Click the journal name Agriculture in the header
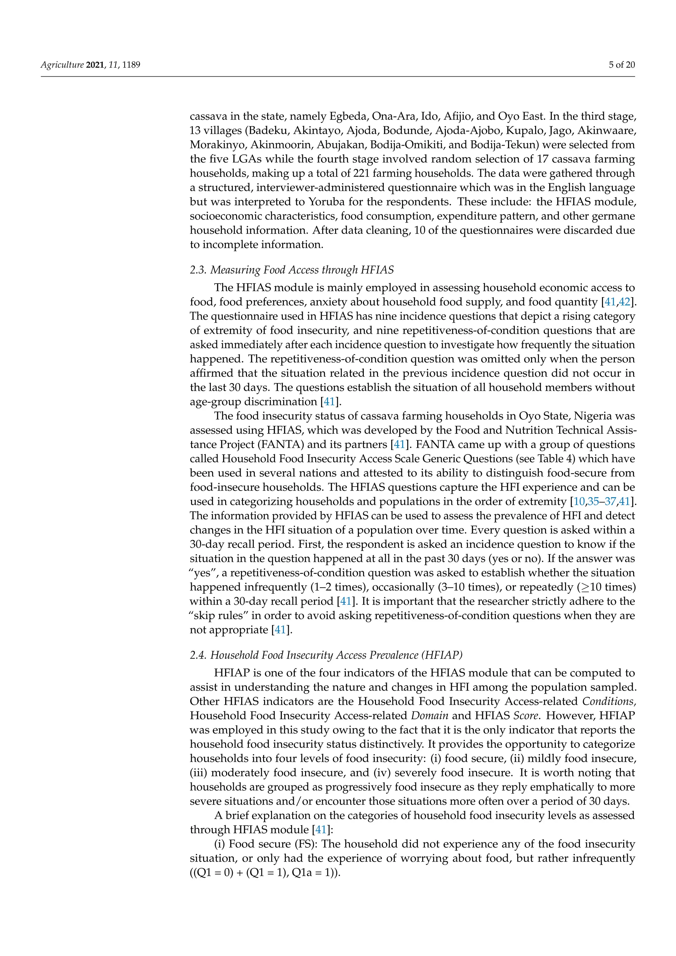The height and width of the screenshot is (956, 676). click(x=62, y=65)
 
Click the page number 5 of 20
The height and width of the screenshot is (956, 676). click(x=622, y=65)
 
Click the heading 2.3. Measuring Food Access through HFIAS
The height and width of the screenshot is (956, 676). click(x=291, y=270)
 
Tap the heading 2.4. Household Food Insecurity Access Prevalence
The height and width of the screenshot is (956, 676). click(x=326, y=655)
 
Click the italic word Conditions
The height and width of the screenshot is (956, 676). click(x=607, y=701)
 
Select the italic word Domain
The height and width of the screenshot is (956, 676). click(x=429, y=716)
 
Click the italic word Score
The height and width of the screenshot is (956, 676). click(x=526, y=716)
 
